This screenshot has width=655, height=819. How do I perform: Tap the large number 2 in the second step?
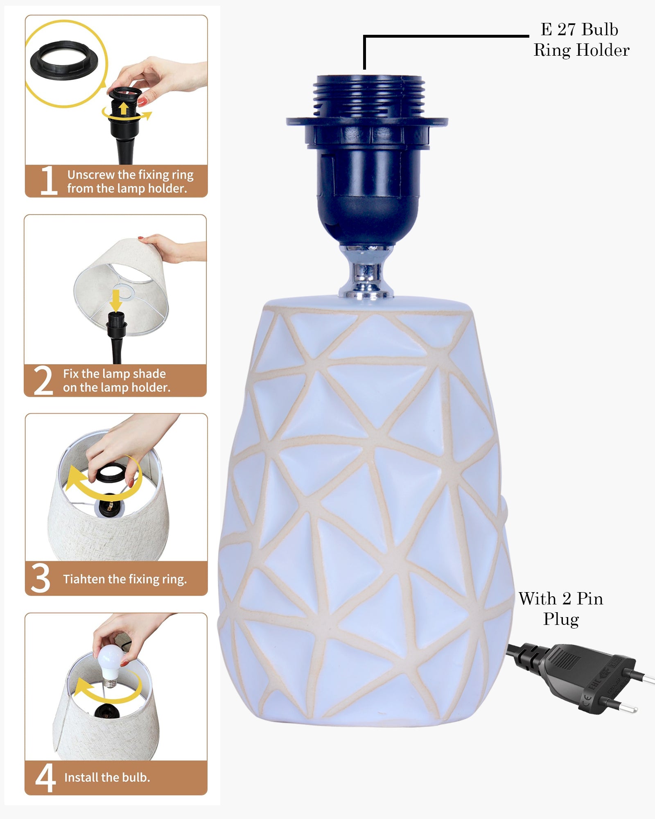click(x=43, y=380)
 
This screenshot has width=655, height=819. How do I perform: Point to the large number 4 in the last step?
click(x=45, y=778)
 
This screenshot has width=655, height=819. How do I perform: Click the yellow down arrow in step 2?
click(x=116, y=301)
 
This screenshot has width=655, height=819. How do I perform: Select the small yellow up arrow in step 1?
click(x=123, y=109)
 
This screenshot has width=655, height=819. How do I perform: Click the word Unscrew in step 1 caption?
click(x=91, y=175)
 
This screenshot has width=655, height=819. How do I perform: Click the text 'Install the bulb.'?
click(x=107, y=777)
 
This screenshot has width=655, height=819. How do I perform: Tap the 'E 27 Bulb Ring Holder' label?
click(x=581, y=40)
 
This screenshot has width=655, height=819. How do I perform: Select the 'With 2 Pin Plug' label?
click(x=561, y=609)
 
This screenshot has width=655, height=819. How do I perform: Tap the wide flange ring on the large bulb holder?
click(x=367, y=122)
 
